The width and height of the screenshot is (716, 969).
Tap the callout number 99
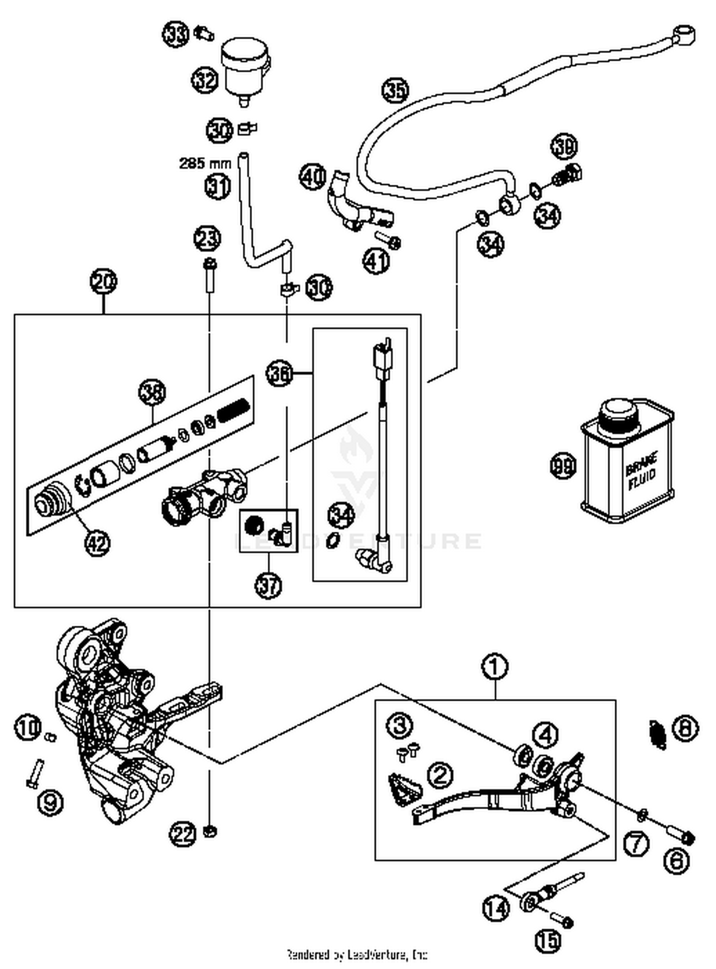(563, 465)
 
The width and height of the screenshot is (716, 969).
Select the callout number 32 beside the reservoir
(205, 80)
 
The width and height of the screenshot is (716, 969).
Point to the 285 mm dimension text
(205, 164)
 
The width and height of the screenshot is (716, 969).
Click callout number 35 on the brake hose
(396, 91)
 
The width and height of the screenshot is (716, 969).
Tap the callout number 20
(104, 281)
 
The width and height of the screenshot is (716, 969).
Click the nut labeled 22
(210, 831)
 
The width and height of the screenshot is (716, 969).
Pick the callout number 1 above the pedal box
(495, 666)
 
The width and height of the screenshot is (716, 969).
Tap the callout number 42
(97, 543)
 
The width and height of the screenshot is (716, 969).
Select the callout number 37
(268, 585)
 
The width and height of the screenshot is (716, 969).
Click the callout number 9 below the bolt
(50, 802)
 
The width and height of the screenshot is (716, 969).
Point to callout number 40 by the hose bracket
(313, 177)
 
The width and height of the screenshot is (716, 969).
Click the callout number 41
(376, 261)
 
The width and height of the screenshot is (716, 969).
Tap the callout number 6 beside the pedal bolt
(677, 861)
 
